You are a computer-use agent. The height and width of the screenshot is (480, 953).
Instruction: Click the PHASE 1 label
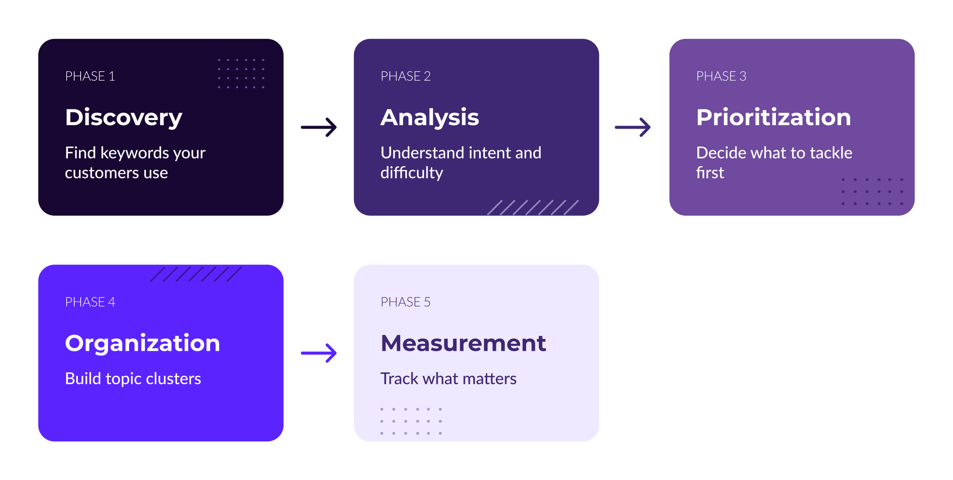pyautogui.click(x=90, y=76)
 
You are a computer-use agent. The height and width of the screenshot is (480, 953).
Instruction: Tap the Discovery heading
pyautogui.click(x=123, y=118)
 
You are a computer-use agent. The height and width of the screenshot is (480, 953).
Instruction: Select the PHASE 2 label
pyautogui.click(x=405, y=76)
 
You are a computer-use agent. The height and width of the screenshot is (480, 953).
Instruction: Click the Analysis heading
pyautogui.click(x=430, y=118)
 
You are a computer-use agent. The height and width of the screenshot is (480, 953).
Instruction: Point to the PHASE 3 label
pyautogui.click(x=721, y=76)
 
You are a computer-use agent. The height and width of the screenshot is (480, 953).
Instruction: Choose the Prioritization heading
pyautogui.click(x=774, y=117)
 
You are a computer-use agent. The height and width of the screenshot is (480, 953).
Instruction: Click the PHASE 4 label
pyautogui.click(x=90, y=302)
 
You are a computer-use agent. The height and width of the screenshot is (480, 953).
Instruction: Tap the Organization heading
pyautogui.click(x=142, y=343)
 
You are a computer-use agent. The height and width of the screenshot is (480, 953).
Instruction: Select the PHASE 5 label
pyautogui.click(x=405, y=302)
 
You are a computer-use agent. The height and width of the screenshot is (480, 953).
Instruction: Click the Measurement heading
pyautogui.click(x=463, y=343)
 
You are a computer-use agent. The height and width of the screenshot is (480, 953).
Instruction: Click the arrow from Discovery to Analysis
pyautogui.click(x=319, y=127)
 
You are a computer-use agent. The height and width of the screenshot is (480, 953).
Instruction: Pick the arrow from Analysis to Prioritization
pyautogui.click(x=633, y=127)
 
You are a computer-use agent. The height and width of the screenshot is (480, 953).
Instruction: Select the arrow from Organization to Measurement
pyautogui.click(x=319, y=353)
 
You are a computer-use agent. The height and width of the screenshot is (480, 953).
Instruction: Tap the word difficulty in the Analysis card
pyautogui.click(x=411, y=173)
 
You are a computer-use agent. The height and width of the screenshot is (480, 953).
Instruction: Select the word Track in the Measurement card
pyautogui.click(x=399, y=379)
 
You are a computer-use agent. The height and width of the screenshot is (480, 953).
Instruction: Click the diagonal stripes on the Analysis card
pyautogui.click(x=533, y=207)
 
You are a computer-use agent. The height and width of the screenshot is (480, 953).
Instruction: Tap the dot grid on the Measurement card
pyautogui.click(x=411, y=421)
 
